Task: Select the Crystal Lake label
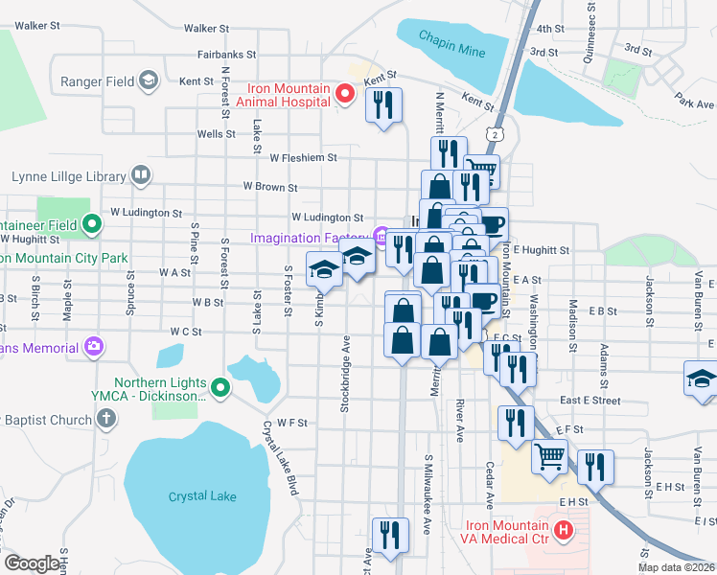[202, 496]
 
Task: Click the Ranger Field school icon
[149, 81]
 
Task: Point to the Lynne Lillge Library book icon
[141, 175]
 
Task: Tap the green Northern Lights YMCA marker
[220, 388]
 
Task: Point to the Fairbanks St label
[226, 56]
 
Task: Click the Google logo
[32, 563]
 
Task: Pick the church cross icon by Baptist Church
[106, 419]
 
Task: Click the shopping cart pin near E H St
[550, 457]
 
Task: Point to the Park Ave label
[695, 103]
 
